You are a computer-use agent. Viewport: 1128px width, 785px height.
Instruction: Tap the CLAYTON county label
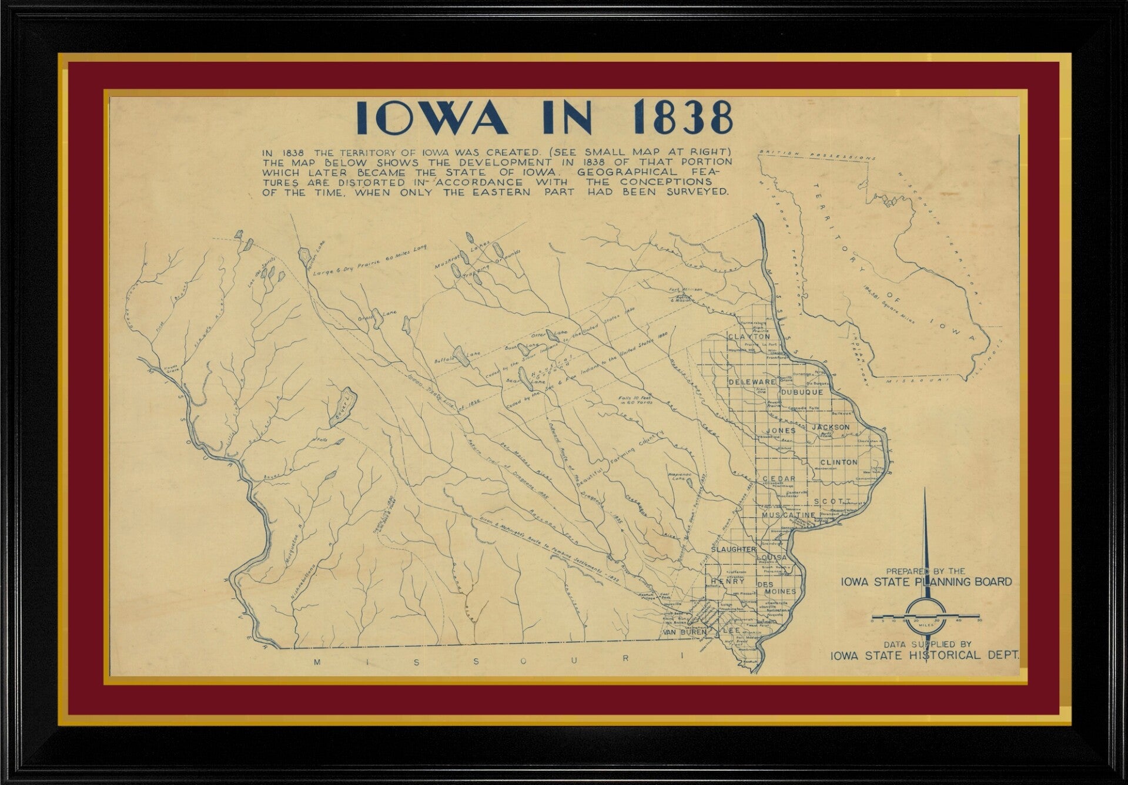[748, 337]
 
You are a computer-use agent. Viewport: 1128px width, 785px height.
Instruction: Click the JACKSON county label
[831, 427]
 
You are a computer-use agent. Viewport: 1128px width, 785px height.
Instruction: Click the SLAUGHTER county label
[733, 549]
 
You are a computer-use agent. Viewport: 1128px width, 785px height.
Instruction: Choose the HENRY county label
[729, 581]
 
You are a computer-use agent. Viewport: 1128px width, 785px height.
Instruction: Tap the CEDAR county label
[779, 479]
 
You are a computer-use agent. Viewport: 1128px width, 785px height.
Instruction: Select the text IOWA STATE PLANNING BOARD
[926, 582]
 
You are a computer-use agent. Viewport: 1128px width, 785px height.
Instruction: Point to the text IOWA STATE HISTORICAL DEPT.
[924, 655]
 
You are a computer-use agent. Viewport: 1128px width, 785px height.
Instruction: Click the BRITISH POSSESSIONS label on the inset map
[817, 156]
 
